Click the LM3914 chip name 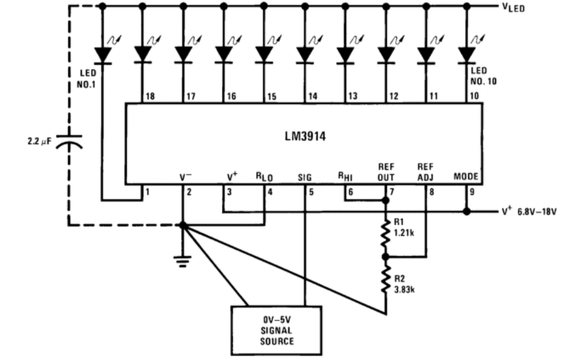pyautogui.click(x=305, y=136)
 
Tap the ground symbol pyautogui.click(x=182, y=261)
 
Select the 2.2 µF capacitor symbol pyautogui.click(x=69, y=142)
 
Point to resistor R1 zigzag pyautogui.click(x=386, y=234)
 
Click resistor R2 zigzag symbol pyautogui.click(x=386, y=279)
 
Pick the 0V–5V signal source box pyautogui.click(x=277, y=331)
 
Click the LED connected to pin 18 pyautogui.click(x=143, y=55)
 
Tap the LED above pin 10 pyautogui.click(x=467, y=55)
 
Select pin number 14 pyautogui.click(x=313, y=96)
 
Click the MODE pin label pyautogui.click(x=466, y=176)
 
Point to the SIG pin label pyautogui.click(x=305, y=178)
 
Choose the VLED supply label pyautogui.click(x=514, y=7)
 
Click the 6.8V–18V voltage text pyautogui.click(x=537, y=212)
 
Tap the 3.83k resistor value pyautogui.click(x=404, y=289)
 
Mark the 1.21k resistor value pyautogui.click(x=404, y=233)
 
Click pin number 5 pyautogui.click(x=311, y=192)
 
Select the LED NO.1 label pyautogui.click(x=87, y=79)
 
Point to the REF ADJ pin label pyautogui.click(x=425, y=172)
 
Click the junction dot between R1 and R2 pyautogui.click(x=386, y=257)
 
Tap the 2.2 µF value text pyautogui.click(x=40, y=142)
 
